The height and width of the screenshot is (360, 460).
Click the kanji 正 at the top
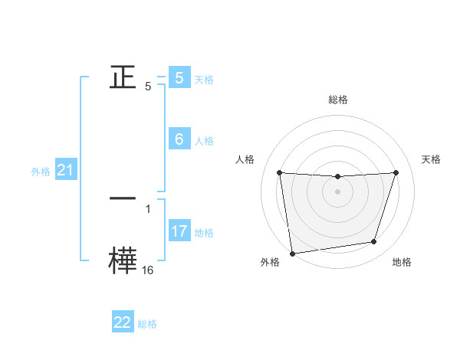pyautogui.click(x=123, y=77)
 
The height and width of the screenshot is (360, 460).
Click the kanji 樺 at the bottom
pyautogui.click(x=123, y=259)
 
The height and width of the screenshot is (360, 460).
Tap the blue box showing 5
pyautogui.click(x=179, y=77)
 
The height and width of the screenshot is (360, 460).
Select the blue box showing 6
pyautogui.click(x=179, y=139)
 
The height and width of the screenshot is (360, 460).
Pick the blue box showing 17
pyautogui.click(x=179, y=231)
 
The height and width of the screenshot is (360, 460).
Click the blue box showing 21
pyautogui.click(x=65, y=170)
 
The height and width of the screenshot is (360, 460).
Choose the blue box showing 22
pyautogui.click(x=123, y=322)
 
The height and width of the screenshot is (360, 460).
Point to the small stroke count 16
pyautogui.click(x=147, y=270)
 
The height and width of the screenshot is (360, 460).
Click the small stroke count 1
pyautogui.click(x=148, y=208)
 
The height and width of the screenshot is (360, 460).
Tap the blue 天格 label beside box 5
pyautogui.click(x=204, y=79)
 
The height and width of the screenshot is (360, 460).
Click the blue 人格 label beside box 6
pyautogui.click(x=204, y=141)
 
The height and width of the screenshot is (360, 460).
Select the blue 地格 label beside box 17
pyautogui.click(x=204, y=233)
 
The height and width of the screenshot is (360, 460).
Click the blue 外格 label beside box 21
pyautogui.click(x=41, y=172)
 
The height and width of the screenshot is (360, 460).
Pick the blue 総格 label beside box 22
pyautogui.click(x=147, y=325)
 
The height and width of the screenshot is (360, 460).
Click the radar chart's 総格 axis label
pyautogui.click(x=338, y=100)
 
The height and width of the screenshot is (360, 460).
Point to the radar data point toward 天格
pyautogui.click(x=396, y=172)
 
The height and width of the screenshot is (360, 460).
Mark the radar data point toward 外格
pyautogui.click(x=292, y=254)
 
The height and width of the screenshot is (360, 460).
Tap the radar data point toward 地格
pyautogui.click(x=374, y=242)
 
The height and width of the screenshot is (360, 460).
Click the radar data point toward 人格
pyautogui.click(x=279, y=172)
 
